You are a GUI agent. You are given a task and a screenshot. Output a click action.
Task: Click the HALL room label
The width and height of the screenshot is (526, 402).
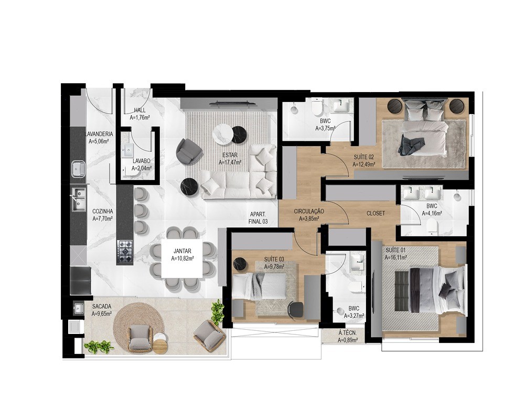coord(139,110)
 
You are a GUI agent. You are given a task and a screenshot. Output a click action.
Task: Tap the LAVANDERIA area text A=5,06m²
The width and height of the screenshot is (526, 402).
coord(99,141)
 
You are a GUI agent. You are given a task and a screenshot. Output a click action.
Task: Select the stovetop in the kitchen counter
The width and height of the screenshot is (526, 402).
coord(125,252)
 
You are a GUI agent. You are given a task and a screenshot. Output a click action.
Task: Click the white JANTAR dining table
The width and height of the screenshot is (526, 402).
coord(182,259)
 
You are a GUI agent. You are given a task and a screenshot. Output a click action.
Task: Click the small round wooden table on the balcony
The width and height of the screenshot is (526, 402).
coord(159,347)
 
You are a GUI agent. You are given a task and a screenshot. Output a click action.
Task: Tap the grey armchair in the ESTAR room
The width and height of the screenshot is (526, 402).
coord(188,151)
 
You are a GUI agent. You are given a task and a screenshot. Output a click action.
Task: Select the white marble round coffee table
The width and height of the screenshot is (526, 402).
coord(222,134)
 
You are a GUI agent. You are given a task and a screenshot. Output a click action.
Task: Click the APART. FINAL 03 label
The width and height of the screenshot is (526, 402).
coord(258,218)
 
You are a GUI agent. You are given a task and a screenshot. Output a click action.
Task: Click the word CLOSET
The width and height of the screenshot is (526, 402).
coord(375,214)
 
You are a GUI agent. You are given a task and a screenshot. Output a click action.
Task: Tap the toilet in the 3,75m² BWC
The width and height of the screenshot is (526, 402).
coord(317,108)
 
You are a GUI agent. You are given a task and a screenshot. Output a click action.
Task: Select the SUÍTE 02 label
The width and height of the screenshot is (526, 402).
coord(363,157)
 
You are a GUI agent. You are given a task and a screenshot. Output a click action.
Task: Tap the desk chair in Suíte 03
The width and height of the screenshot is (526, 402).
coord(295,309)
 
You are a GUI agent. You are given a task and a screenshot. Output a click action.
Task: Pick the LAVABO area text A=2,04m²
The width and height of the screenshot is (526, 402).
coord(142,169)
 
